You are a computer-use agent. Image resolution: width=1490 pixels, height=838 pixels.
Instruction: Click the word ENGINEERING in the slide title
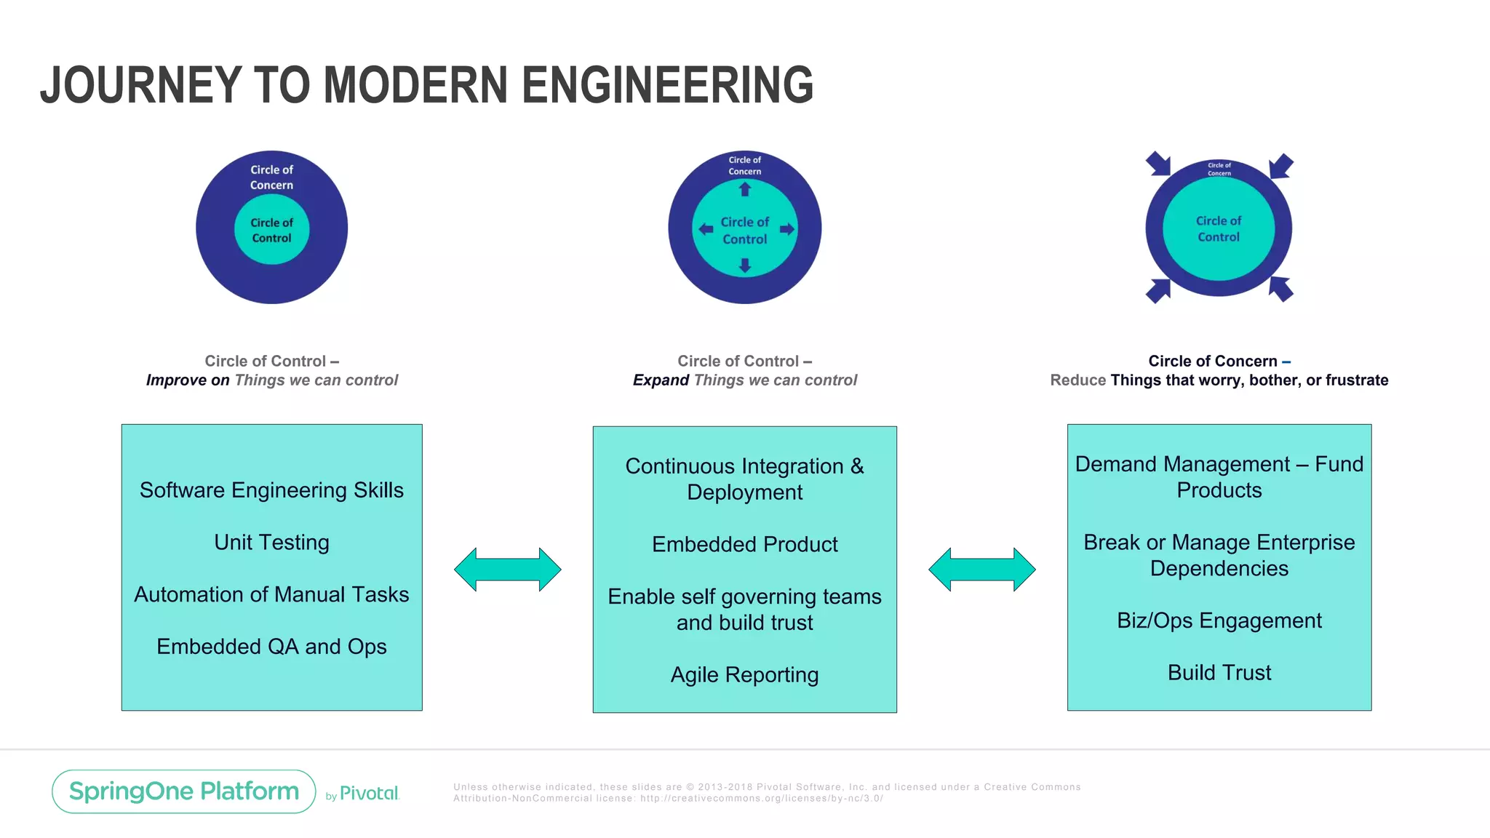pyautogui.click(x=667, y=86)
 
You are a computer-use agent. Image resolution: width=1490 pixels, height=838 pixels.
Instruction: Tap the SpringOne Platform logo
pyautogui.click(x=183, y=791)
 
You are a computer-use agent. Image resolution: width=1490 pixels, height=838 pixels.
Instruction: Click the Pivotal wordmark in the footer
pyautogui.click(x=369, y=794)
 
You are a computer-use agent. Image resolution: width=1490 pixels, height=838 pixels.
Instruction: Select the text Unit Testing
pyautogui.click(x=271, y=543)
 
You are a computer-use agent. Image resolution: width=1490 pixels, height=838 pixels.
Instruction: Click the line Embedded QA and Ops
pyautogui.click(x=271, y=647)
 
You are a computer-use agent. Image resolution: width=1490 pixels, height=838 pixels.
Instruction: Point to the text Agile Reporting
pyautogui.click(x=744, y=675)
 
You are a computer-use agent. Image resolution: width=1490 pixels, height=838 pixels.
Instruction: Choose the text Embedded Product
pyautogui.click(x=744, y=545)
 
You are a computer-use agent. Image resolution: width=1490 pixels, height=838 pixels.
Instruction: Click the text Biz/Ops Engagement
pyautogui.click(x=1219, y=620)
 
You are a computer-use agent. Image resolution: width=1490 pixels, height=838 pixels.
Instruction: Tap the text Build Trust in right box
pyautogui.click(x=1219, y=673)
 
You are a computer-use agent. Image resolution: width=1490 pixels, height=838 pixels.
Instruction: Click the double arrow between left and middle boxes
pyautogui.click(x=507, y=570)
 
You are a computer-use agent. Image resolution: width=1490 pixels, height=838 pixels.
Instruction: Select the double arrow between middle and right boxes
pyautogui.click(x=981, y=570)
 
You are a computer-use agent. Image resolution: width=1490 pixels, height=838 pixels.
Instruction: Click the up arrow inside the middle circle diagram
pyautogui.click(x=744, y=190)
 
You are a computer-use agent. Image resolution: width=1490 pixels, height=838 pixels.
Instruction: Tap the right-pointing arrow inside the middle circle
pyautogui.click(x=786, y=229)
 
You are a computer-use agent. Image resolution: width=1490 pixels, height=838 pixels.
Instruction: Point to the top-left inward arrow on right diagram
pyautogui.click(x=1158, y=164)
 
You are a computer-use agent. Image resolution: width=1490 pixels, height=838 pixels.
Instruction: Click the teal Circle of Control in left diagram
pyautogui.click(x=271, y=230)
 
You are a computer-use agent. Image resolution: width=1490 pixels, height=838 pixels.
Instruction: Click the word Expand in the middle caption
pyautogui.click(x=661, y=380)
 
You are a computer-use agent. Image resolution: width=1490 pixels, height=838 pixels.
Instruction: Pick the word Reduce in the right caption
pyautogui.click(x=1077, y=380)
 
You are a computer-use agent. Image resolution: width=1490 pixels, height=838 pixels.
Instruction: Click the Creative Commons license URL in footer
pyautogui.click(x=761, y=799)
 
